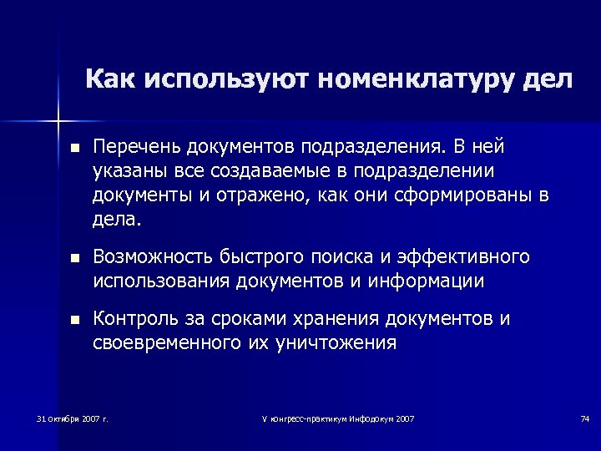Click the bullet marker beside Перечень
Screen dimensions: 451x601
click(x=74, y=149)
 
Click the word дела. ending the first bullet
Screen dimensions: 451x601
click(x=118, y=220)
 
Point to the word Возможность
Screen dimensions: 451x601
click(x=151, y=257)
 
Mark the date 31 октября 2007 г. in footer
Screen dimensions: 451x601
click(x=73, y=418)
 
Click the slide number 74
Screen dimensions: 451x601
click(x=584, y=418)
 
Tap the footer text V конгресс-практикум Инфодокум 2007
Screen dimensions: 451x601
click(x=338, y=418)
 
